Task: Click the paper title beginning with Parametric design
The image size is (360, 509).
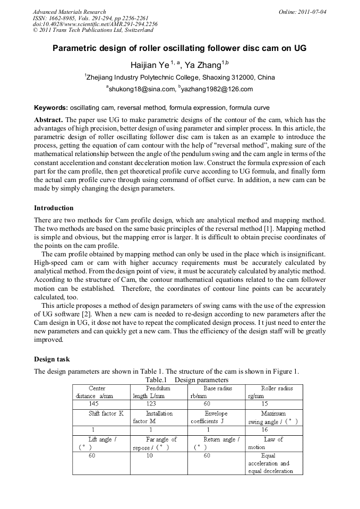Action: coord(179,48)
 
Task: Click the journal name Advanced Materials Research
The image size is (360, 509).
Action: coord(70,12)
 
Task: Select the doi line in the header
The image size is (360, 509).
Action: coord(95,24)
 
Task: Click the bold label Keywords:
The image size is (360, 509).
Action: coord(51,108)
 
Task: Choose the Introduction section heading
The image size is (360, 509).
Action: coord(54,208)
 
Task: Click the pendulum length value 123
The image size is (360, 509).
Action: coord(151,403)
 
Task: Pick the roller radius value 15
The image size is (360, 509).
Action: coord(265,403)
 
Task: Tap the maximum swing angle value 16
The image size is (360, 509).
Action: coord(265,429)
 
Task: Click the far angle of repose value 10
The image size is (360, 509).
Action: coord(150,455)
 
